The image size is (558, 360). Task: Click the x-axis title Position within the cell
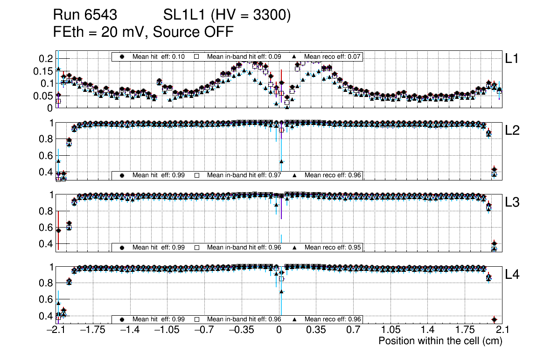pos(440,341)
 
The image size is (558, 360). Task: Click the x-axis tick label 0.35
pos(316,330)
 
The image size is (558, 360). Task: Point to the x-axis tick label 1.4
pos(428,330)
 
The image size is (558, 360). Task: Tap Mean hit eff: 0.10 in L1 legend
pos(159,56)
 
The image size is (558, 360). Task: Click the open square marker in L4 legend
pos(197,319)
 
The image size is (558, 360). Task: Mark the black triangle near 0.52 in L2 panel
pos(281,162)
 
